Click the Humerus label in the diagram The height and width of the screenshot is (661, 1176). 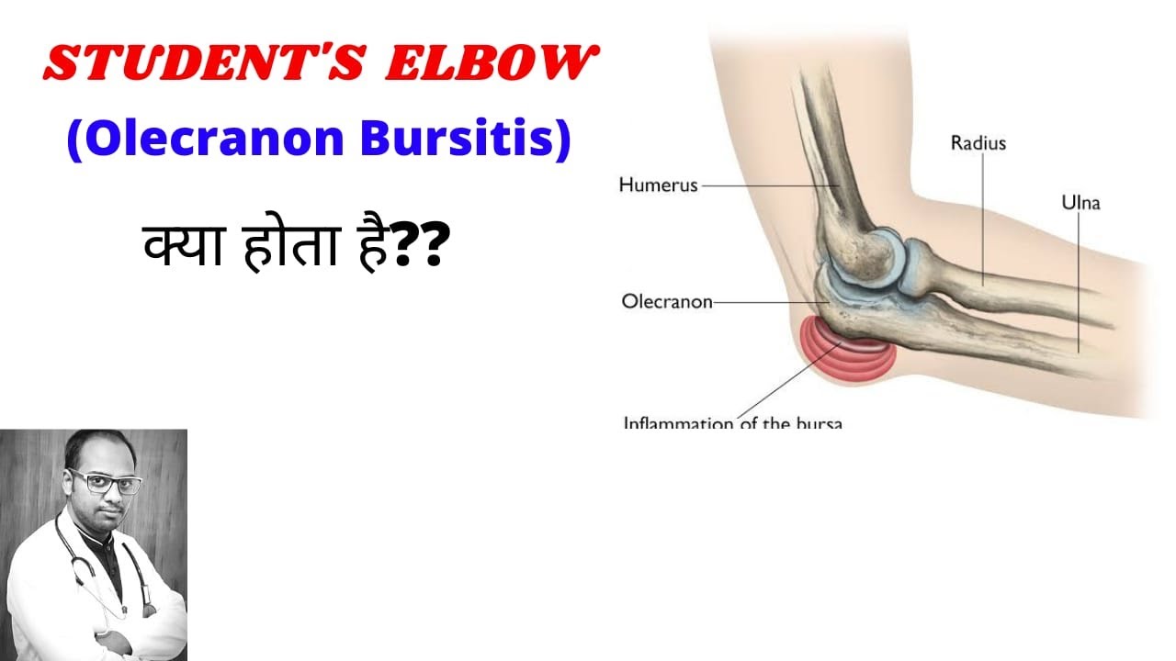pos(658,185)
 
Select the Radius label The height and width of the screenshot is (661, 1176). pos(978,143)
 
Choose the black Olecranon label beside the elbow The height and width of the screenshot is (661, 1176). pos(667,301)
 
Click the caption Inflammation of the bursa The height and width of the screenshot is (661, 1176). pos(732,423)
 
